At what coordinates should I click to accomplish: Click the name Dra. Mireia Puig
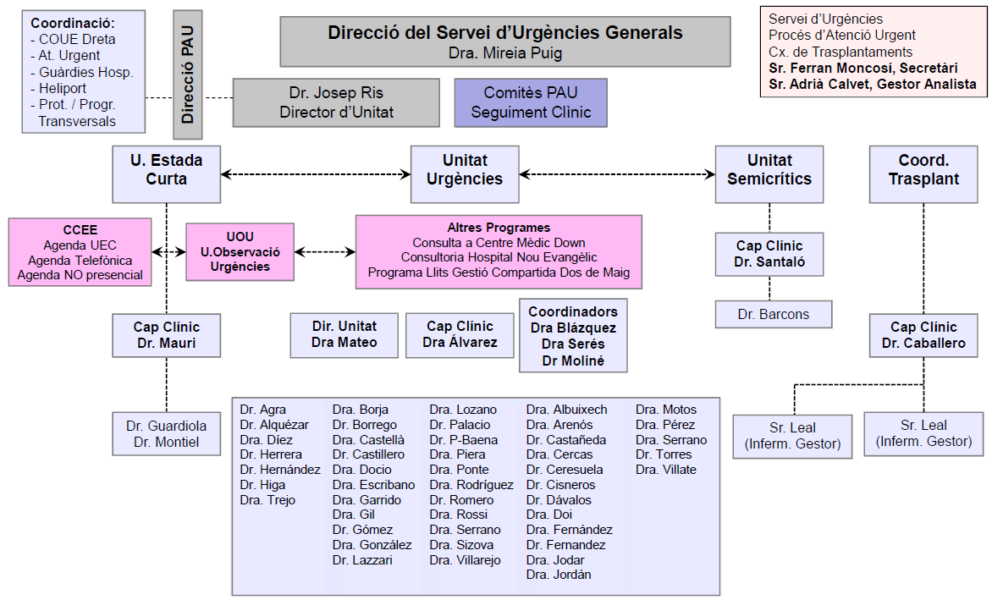tap(505, 52)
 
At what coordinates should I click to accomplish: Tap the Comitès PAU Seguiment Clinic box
tap(531, 102)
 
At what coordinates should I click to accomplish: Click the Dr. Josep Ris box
tap(336, 102)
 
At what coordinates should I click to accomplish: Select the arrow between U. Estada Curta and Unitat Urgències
tap(315, 174)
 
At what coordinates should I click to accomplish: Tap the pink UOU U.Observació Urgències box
tap(240, 251)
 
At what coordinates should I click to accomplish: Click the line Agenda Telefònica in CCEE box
tap(80, 260)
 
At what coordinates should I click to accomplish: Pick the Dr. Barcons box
tap(773, 314)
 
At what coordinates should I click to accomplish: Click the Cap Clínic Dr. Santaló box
tap(769, 254)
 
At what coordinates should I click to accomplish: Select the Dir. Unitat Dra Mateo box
tap(344, 333)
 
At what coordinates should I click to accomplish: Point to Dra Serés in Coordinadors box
tap(573, 344)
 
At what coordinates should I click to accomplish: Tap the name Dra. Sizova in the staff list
tap(461, 545)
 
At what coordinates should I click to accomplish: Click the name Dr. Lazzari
tap(362, 560)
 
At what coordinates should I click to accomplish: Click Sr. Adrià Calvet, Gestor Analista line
tap(872, 84)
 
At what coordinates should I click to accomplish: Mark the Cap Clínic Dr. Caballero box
tap(923, 335)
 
